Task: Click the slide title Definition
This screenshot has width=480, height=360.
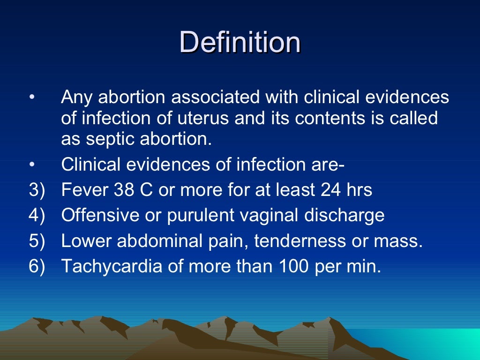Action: click(x=240, y=42)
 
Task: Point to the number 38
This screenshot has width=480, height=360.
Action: click(x=125, y=190)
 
